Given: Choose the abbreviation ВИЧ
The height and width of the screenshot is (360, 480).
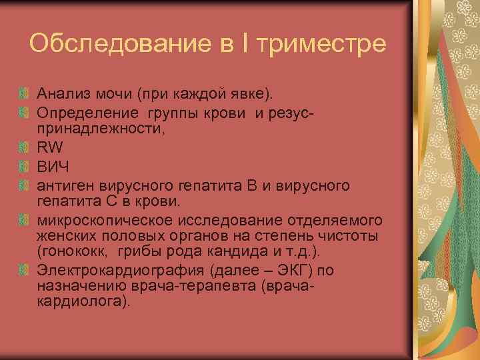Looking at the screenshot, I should pos(53,165).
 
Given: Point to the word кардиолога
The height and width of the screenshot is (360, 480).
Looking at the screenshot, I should pos(79,301).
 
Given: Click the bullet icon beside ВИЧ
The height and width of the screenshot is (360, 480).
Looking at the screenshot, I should pos(25,165).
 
